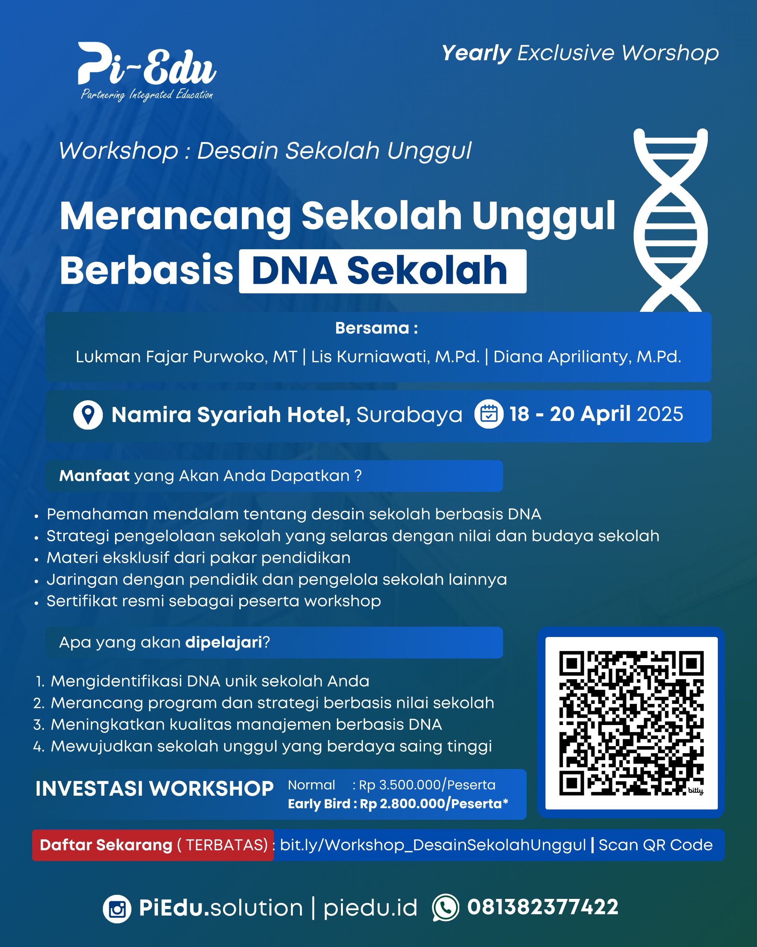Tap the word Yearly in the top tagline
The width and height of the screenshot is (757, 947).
[476, 54]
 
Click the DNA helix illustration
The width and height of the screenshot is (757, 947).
[670, 220]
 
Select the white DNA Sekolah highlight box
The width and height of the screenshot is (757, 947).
[382, 271]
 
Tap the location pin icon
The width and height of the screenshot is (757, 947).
[88, 415]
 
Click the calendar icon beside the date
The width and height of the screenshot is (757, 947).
[489, 414]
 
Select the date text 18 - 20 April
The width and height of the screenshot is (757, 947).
[570, 414]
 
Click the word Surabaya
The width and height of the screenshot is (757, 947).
[409, 415]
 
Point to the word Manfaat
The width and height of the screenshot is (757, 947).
[94, 476]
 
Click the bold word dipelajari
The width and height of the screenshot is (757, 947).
[223, 643]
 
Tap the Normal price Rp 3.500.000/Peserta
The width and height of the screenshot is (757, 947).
[427, 785]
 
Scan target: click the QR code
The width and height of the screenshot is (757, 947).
[631, 723]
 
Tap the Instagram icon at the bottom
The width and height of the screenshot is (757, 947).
[117, 909]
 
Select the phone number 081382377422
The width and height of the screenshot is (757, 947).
[543, 907]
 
